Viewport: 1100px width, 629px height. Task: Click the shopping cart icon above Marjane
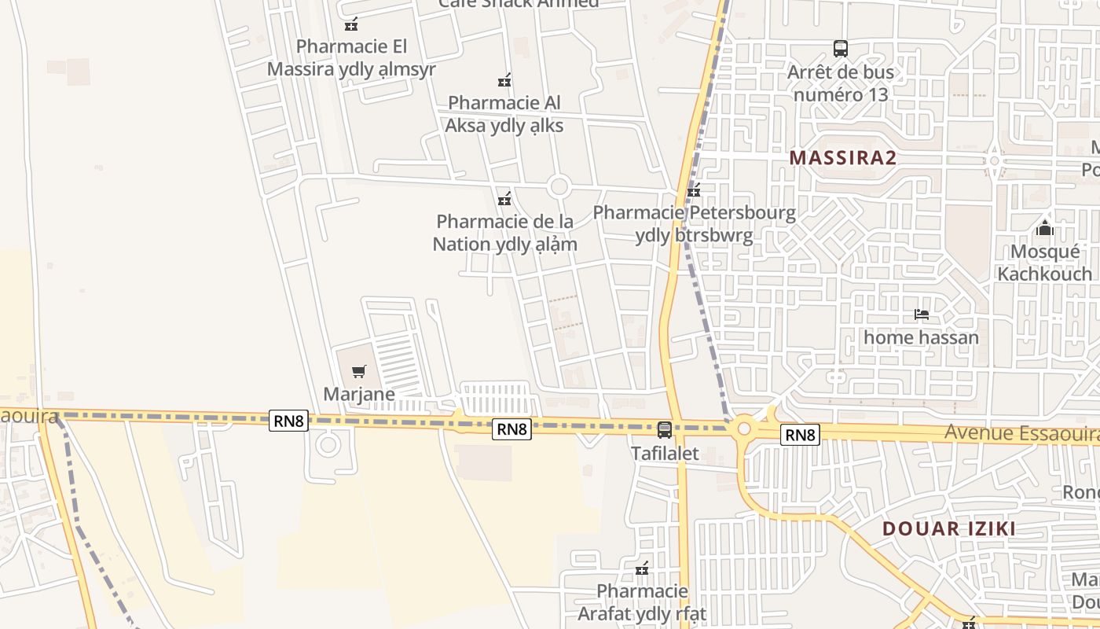(359, 371)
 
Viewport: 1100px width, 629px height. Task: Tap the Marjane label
(359, 393)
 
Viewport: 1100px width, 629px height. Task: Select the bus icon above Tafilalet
(665, 430)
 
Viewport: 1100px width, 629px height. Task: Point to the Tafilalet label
(665, 454)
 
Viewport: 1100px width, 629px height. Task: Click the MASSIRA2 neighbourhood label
(843, 158)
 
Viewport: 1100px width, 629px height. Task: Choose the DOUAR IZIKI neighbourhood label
(949, 528)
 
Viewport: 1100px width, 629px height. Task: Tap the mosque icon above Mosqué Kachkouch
(1045, 229)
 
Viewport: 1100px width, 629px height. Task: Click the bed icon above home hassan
(922, 314)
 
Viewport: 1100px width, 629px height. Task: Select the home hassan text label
(922, 338)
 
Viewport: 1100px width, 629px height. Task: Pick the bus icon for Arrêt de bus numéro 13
(841, 49)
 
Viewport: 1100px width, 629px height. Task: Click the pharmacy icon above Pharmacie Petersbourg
(694, 189)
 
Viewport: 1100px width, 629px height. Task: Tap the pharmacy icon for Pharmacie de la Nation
(504, 198)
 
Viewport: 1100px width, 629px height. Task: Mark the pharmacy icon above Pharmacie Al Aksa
(504, 80)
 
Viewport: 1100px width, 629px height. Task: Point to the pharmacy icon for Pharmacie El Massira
(351, 24)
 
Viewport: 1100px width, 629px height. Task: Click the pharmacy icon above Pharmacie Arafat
(642, 568)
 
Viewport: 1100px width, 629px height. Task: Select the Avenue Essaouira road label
(1021, 433)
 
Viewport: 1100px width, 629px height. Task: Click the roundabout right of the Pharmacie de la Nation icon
(559, 187)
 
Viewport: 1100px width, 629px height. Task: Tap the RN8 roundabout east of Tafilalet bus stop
(743, 429)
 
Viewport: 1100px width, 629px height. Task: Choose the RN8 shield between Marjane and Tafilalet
(512, 429)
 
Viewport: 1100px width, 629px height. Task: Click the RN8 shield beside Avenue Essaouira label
(801, 435)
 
